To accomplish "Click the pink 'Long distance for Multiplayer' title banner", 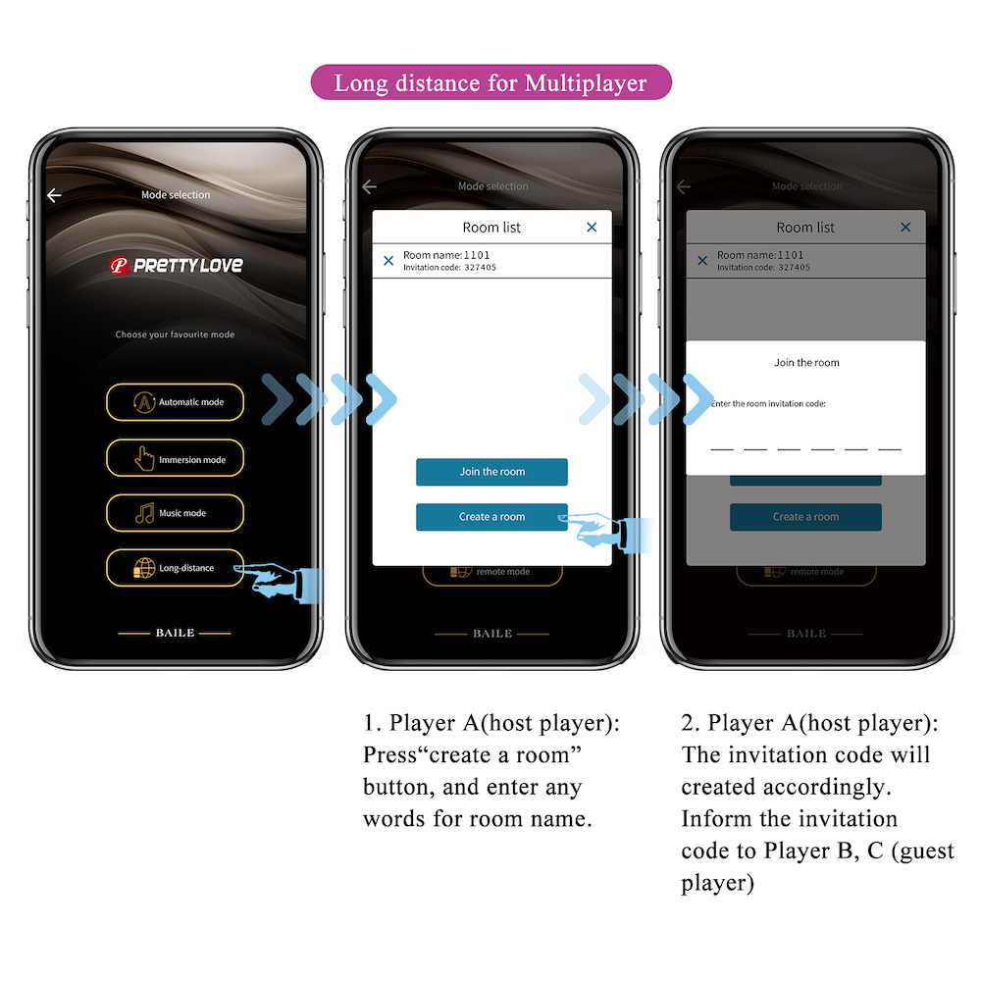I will click(490, 82).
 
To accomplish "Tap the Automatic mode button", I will click(175, 402).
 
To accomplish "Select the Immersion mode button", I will click(175, 458).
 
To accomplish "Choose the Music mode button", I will click(175, 513).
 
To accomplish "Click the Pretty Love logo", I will click(176, 265).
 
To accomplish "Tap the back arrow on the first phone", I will click(54, 195).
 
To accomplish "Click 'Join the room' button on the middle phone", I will click(491, 472).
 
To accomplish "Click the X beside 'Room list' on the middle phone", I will click(592, 228).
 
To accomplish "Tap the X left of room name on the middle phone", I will click(388, 261).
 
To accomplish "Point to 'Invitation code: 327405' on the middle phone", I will click(449, 268).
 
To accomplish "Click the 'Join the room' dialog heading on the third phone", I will click(806, 363).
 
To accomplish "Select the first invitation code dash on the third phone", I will click(721, 448).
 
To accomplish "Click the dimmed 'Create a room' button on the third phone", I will click(805, 517).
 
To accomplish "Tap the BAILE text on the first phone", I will click(175, 633).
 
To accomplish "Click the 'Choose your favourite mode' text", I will click(175, 335).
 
